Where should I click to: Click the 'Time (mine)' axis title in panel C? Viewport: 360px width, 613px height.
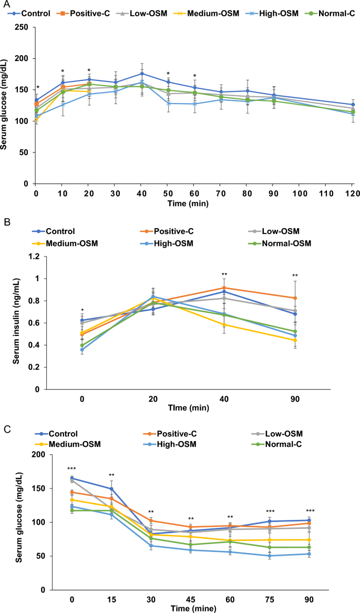tap(191, 608)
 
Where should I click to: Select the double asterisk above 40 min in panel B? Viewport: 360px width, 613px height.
tap(224, 274)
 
